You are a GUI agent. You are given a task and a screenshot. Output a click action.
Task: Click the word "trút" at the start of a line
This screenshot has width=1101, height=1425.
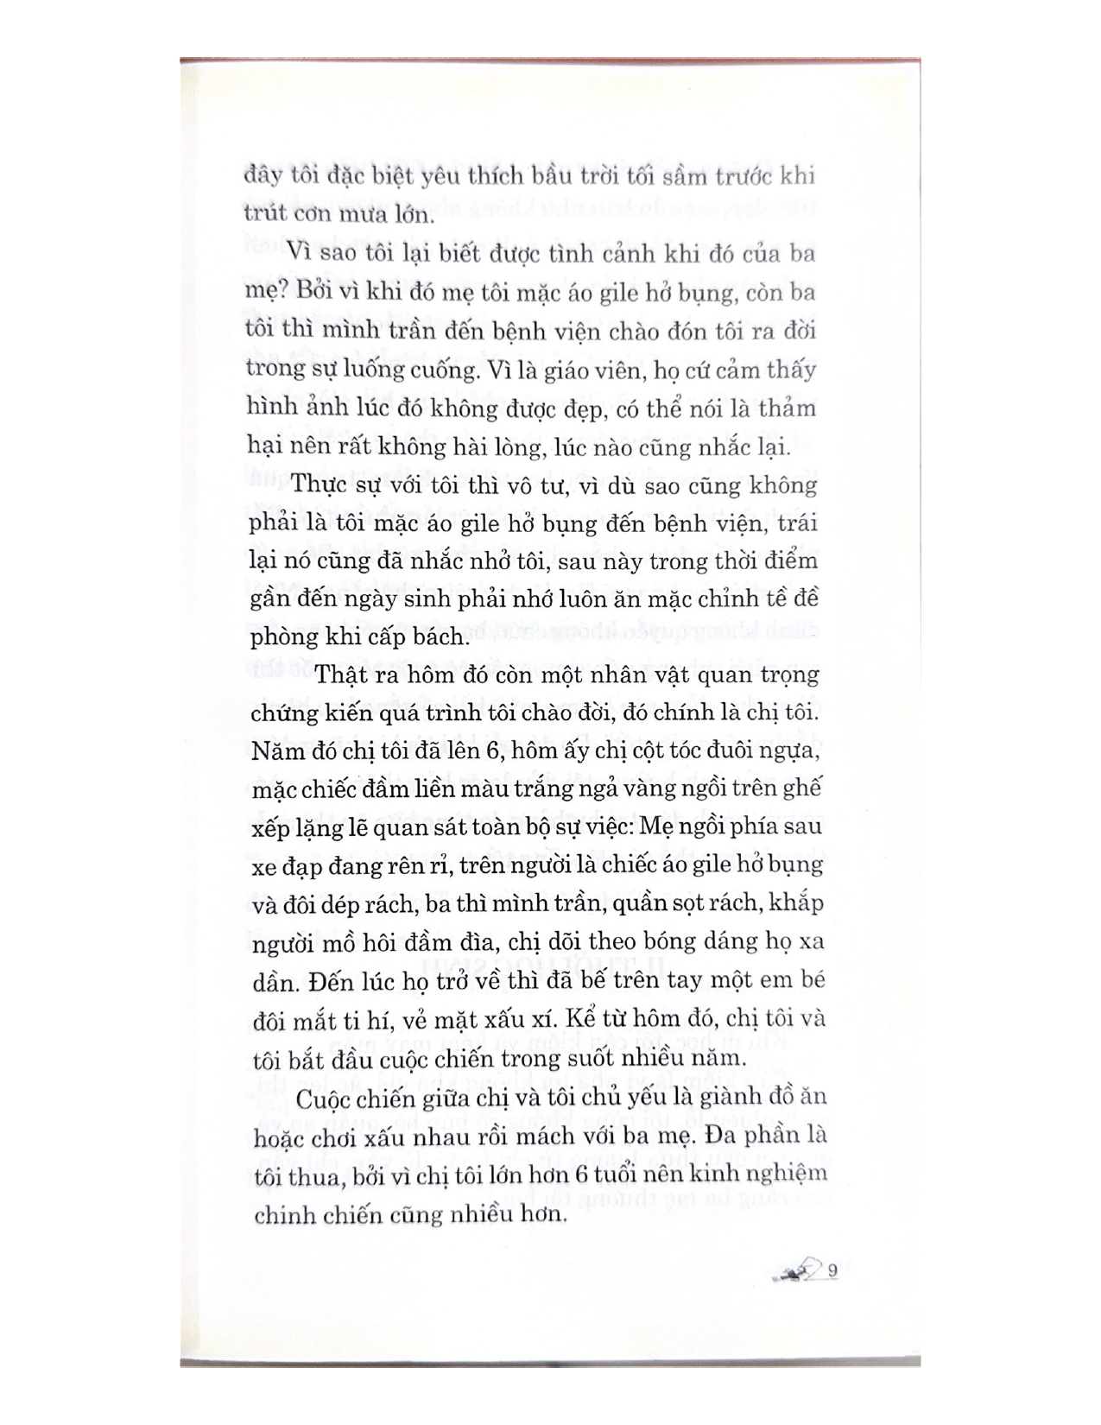(262, 215)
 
